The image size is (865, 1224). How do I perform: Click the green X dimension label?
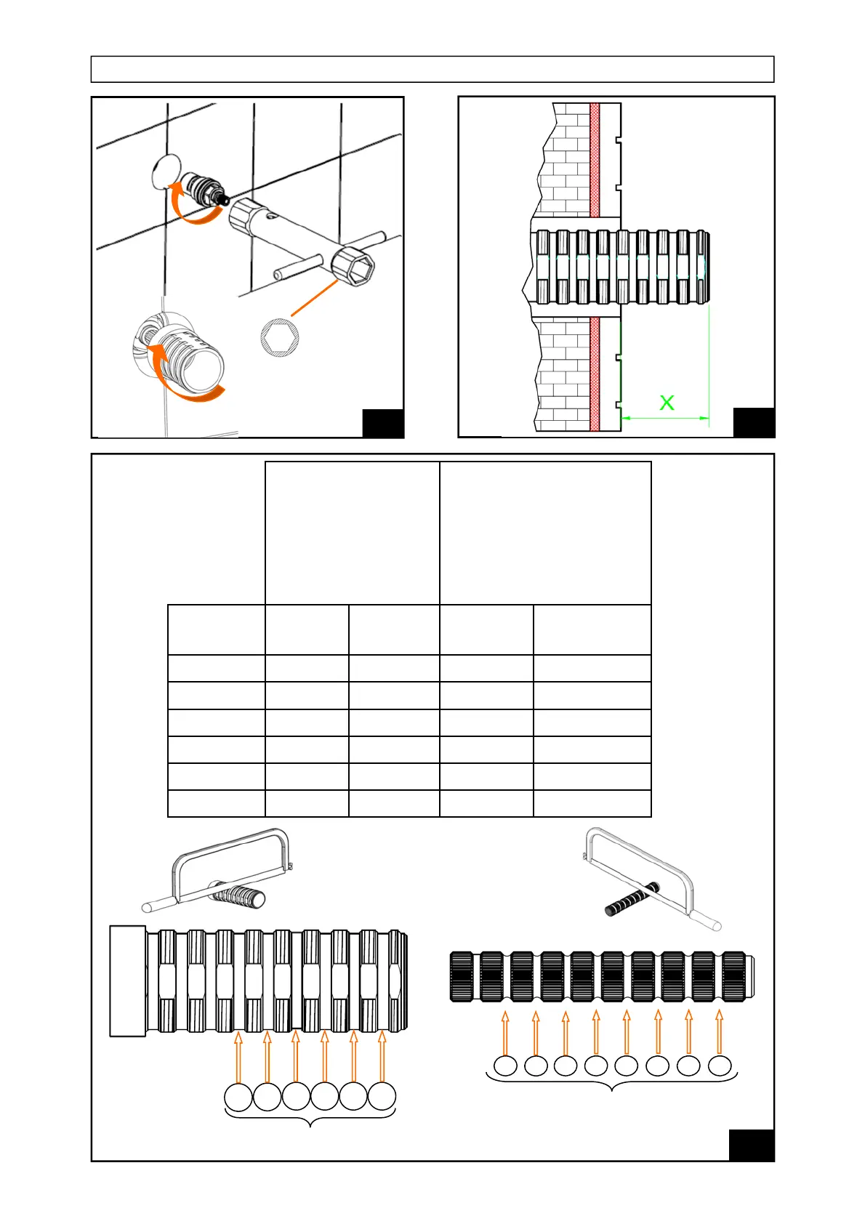[667, 402]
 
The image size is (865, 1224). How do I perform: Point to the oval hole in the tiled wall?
[166, 172]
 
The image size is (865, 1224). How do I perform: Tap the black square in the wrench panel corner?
[383, 424]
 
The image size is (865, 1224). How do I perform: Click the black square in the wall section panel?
[754, 423]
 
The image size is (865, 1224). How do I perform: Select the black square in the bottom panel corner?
[751, 1146]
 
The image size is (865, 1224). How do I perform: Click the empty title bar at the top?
[432, 70]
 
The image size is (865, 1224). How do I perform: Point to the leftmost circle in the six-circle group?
[238, 1097]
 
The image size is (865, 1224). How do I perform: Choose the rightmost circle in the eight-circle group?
[720, 1066]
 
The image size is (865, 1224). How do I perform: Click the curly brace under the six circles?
[310, 1119]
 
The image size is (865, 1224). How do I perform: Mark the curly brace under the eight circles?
[611, 1083]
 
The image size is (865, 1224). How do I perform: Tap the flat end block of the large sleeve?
[128, 981]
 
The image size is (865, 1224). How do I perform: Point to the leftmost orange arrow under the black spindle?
[506, 1032]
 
